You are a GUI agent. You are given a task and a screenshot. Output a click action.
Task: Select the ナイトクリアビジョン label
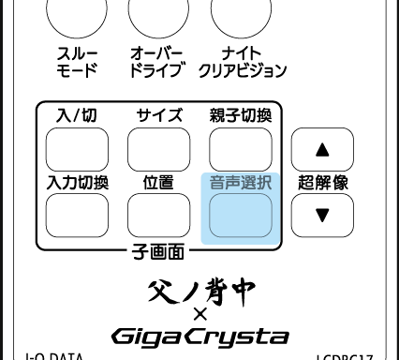tap(241, 63)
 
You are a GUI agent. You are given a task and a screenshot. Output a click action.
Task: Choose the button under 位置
tap(158, 216)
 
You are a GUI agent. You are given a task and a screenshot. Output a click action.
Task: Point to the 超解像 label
tap(321, 183)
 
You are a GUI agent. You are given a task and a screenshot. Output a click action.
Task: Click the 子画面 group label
tap(157, 250)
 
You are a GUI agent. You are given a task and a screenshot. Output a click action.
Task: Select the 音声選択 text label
tap(240, 182)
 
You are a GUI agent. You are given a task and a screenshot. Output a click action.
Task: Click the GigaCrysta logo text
tap(199, 335)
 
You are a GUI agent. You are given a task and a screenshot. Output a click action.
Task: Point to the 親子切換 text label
tap(240, 116)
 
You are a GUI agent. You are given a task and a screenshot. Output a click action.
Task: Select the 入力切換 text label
tap(77, 182)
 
